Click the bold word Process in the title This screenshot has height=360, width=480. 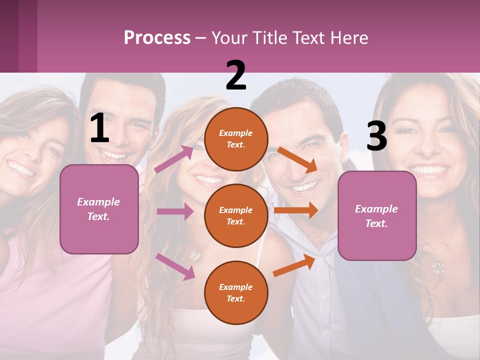[157, 38]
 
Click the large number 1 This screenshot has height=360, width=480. [99, 128]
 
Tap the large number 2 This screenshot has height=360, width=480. [236, 75]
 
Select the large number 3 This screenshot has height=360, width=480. [376, 136]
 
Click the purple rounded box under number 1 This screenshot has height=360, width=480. [99, 209]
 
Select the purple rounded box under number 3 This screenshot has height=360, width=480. [377, 215]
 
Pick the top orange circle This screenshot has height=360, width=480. [236, 139]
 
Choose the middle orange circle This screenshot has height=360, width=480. [236, 215]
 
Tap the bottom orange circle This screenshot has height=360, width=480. [236, 292]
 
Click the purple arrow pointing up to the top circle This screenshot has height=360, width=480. [174, 159]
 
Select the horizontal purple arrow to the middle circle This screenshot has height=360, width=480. [175, 211]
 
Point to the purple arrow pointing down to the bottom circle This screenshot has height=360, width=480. [175, 266]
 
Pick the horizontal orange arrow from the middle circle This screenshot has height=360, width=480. [296, 210]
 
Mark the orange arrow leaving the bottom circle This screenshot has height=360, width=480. [294, 265]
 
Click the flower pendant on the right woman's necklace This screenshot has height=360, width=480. [438, 267]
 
